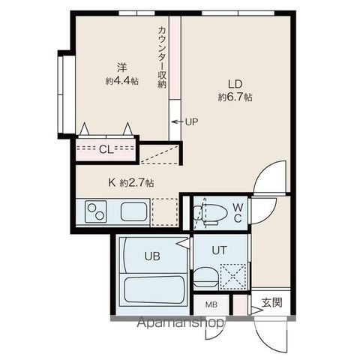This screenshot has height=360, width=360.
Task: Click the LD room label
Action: pos(235,84)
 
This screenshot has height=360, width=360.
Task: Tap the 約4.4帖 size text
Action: pos(122,80)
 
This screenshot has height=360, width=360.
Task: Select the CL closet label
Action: pos(106,149)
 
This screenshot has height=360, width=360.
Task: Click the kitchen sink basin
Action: pos(133,211)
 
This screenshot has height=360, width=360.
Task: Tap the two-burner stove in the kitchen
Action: pos(96,211)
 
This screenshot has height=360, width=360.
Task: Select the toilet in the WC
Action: pos(210,214)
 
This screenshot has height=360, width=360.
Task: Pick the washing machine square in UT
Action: pos(233,276)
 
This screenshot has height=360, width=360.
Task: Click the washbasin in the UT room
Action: pos(205,277)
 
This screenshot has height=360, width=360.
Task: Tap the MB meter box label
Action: pos(211,304)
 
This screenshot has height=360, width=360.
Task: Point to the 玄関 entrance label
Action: pos(272,302)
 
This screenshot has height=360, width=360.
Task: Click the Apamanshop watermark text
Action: pos(181,323)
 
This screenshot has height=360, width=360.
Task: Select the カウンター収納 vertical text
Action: pos(162,57)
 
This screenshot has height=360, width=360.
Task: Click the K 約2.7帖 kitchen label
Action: pos(130,183)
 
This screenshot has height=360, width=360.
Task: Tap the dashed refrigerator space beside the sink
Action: pos(165,212)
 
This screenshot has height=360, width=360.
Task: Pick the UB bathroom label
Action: pos(152,256)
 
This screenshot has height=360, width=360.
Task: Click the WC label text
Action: pos(238,213)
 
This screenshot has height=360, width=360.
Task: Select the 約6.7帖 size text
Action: pos(235,97)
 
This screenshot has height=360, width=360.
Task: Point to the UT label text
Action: pos(219,250)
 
